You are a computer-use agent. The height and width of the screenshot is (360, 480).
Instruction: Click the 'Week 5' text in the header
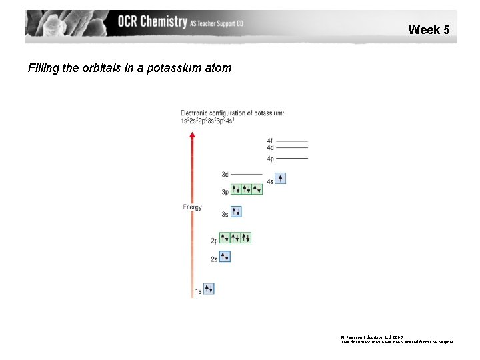pos(429,29)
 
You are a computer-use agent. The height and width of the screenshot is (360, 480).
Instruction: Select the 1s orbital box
pos(209,289)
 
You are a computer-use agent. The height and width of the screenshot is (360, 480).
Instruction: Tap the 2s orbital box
pos(225,257)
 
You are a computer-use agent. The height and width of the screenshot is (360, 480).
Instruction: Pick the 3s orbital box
pos(235,212)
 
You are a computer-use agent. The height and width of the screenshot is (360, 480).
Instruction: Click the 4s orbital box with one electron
pos(280,178)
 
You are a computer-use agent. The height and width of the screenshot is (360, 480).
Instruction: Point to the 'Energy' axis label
pos(192,207)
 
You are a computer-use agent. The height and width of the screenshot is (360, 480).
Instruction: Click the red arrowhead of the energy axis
pos(193,135)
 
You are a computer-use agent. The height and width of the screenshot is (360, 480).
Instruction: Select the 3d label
pos(225,175)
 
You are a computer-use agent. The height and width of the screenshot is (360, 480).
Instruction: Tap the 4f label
pos(270,141)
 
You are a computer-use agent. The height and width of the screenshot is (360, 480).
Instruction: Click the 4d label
pos(270,147)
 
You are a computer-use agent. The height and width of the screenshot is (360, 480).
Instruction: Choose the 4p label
pos(270,159)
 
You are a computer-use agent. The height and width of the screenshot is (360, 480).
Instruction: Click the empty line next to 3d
pos(247,174)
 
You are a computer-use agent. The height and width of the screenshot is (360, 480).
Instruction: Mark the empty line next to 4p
pos(291,159)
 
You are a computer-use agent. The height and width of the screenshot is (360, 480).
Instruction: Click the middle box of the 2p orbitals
pos(235,237)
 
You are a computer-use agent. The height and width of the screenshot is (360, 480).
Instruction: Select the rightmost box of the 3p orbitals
pos(257,189)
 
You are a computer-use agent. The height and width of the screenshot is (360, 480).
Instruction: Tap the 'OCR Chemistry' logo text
pos(152,22)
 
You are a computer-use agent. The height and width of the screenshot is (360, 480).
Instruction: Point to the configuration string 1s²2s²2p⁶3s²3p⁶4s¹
pos(207,121)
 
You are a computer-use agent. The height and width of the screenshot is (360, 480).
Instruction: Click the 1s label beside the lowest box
pos(198,291)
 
